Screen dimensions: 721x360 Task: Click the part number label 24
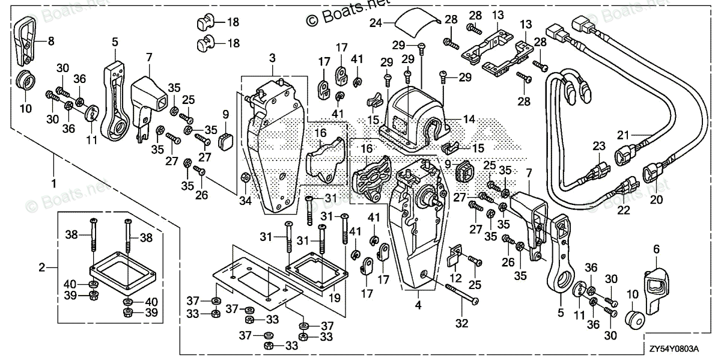pos(376,23)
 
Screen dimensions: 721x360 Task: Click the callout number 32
pos(461,323)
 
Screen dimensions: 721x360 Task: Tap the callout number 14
pos(469,120)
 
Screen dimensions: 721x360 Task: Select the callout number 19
pos(335,298)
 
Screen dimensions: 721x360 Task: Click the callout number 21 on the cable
pos(623,135)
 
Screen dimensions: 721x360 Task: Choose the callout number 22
pos(624,210)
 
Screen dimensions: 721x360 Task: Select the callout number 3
pos(272,58)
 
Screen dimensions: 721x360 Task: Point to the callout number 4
pos(418,305)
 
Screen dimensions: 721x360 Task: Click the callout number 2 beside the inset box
pos(42,267)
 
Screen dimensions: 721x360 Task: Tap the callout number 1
pos(54,183)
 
